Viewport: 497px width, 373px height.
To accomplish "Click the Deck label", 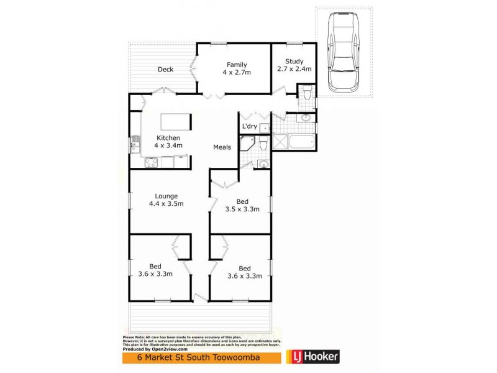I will pos(165,70).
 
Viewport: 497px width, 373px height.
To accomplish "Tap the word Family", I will pos(237,65).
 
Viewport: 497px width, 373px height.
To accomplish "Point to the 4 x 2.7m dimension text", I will pos(237,73).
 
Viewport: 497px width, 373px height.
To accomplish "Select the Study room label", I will pos(294,61).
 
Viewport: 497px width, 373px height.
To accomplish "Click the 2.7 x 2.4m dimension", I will pos(294,69).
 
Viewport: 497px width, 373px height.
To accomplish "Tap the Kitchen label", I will pos(168,137).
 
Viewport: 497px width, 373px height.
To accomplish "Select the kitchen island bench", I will pos(176,121).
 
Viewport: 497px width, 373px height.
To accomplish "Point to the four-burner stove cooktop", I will pos(151,162).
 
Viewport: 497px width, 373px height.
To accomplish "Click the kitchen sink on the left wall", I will pos(134,147).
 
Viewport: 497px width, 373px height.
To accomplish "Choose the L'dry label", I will pos(249,127).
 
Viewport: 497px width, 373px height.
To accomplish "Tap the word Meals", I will pos(222,147).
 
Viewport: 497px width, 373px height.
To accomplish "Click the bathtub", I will pos(303,142).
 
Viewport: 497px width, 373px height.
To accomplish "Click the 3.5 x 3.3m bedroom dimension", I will pos(242,210).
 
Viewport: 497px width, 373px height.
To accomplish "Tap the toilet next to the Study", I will pos(306,94).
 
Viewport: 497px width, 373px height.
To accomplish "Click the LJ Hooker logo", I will pos(312,357).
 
